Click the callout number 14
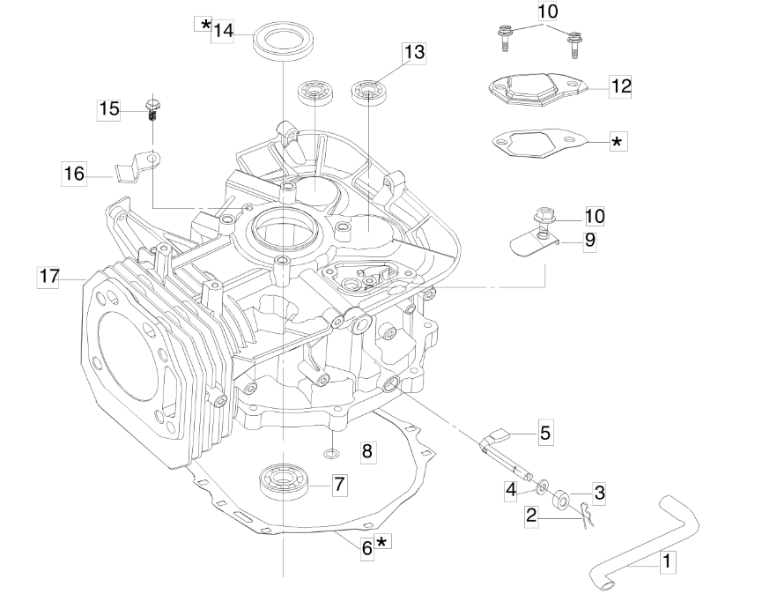pyautogui.click(x=223, y=31)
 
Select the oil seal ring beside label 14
pyautogui.click(x=284, y=40)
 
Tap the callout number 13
pyautogui.click(x=414, y=52)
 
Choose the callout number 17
pyautogui.click(x=48, y=276)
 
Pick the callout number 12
pyautogui.click(x=620, y=86)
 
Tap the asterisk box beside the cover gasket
pyautogui.click(x=618, y=142)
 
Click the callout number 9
pyautogui.click(x=589, y=241)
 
